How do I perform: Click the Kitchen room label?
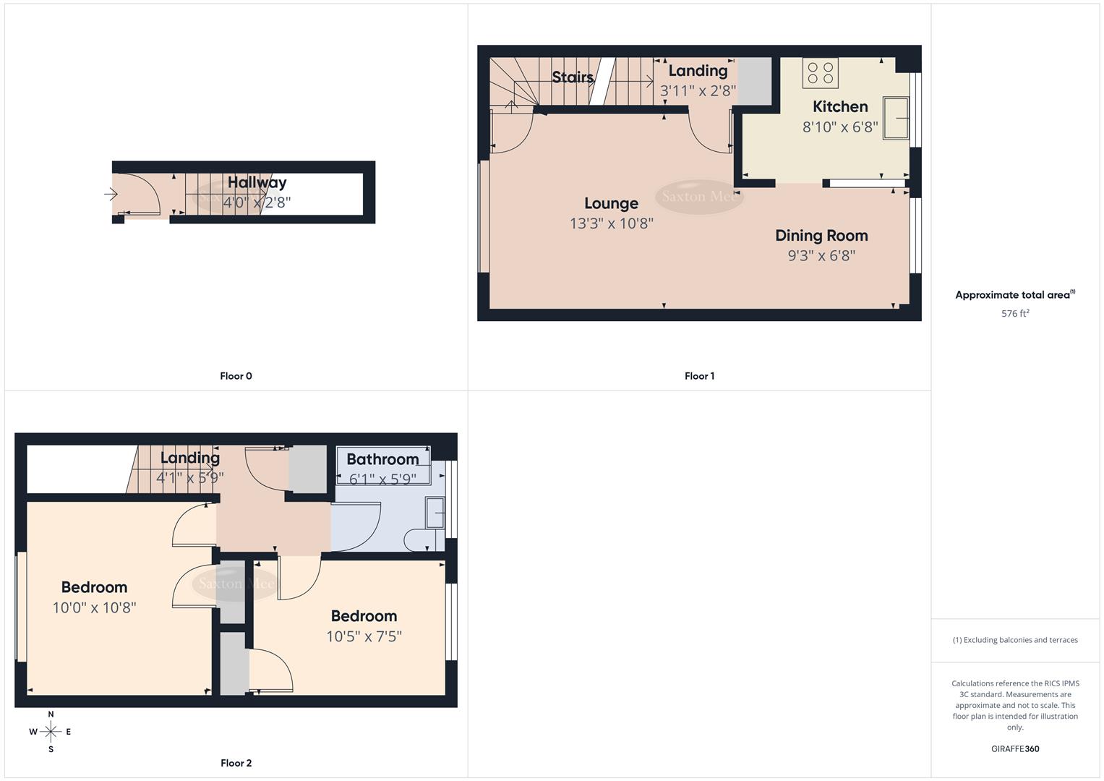click(x=839, y=107)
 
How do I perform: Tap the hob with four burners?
click(x=820, y=73)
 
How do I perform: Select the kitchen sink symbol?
click(x=895, y=118)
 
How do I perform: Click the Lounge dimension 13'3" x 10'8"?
click(x=611, y=223)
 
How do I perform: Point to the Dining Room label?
click(x=821, y=236)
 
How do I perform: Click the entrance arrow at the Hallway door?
click(x=111, y=194)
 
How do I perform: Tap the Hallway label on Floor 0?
click(x=257, y=183)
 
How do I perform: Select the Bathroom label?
click(x=382, y=459)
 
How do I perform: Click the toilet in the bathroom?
click(x=418, y=540)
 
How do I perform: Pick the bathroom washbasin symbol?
click(x=435, y=512)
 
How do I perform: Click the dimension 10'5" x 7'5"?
click(x=364, y=636)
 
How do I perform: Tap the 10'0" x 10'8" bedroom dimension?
click(x=94, y=607)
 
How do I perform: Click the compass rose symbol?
click(x=51, y=732)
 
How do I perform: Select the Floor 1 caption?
click(x=699, y=376)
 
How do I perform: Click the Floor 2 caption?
click(x=236, y=763)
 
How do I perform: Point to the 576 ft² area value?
click(x=1015, y=314)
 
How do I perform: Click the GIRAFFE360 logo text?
click(x=1015, y=749)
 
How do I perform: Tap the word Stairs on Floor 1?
click(x=573, y=77)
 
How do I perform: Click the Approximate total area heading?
click(x=1014, y=295)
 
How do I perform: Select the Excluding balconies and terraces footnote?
click(x=1015, y=640)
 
